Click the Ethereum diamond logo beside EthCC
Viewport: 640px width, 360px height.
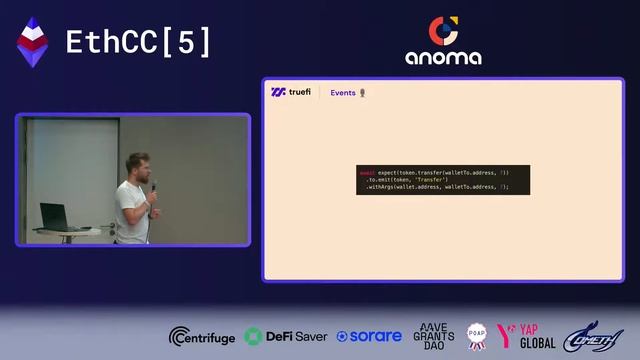[x=33, y=42]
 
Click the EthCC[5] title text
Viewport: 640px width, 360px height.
[x=138, y=42]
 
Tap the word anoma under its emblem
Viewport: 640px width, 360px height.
[x=443, y=58]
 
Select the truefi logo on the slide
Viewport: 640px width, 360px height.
[x=291, y=93]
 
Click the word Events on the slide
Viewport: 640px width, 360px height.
[x=343, y=93]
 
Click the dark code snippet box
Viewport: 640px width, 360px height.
[x=443, y=180]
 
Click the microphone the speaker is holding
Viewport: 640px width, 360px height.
[x=153, y=187]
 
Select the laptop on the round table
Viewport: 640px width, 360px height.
[x=53, y=215]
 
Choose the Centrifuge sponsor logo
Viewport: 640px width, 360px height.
[x=202, y=336]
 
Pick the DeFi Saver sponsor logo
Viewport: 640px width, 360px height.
[x=286, y=336]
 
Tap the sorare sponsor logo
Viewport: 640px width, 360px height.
[x=369, y=336]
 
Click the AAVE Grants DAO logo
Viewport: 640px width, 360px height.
[x=433, y=335]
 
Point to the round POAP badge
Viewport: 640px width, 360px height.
[x=475, y=336]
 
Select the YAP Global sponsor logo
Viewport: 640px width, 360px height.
[x=527, y=336]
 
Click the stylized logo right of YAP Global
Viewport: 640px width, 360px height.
[x=593, y=336]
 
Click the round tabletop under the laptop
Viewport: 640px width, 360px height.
[x=70, y=230]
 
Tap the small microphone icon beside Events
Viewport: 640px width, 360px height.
[x=362, y=93]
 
